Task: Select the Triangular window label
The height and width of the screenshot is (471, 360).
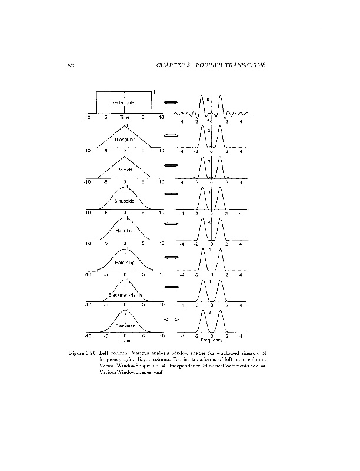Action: pos(125,140)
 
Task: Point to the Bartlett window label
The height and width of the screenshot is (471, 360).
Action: pos(125,170)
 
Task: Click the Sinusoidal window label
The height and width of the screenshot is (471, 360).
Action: pos(125,201)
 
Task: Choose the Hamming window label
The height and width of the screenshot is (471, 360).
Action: pos(125,262)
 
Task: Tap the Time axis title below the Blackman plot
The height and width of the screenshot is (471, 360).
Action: pos(125,340)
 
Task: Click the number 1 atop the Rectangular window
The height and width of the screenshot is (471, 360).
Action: pos(154,91)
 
